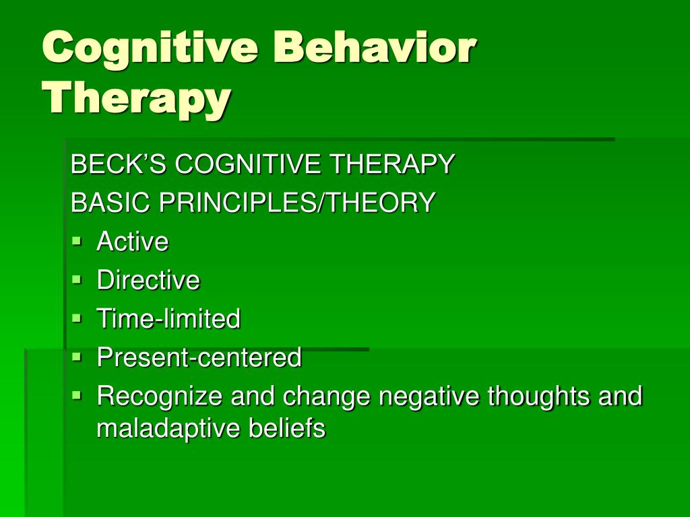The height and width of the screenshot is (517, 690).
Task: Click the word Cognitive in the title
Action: pos(150,49)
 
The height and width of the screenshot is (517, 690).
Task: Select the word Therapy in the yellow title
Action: pos(137,100)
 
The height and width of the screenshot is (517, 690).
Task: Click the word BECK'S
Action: pos(119,164)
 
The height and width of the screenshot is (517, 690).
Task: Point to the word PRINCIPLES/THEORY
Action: pos(297,202)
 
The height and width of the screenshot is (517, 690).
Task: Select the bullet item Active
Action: pos(133,241)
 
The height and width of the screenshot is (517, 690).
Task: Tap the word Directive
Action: pos(148,279)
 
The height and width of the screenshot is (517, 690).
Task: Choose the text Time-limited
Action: pos(168,318)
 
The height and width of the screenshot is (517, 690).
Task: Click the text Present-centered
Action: pos(199,357)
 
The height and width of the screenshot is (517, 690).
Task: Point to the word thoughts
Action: pos(538,397)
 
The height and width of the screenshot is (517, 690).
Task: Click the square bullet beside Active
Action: pos(77,241)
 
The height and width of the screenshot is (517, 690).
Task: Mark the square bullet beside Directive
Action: pos(77,279)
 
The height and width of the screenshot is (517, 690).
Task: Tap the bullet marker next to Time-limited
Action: pos(77,318)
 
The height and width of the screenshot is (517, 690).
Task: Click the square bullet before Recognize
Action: pos(77,395)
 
